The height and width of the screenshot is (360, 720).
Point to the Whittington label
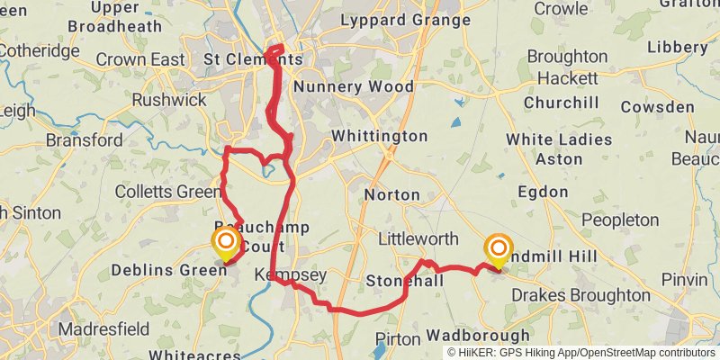[x=379, y=137]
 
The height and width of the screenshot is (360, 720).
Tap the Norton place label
[x=391, y=194]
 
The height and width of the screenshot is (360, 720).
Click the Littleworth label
[x=418, y=239]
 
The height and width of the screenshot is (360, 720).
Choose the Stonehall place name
[x=405, y=282]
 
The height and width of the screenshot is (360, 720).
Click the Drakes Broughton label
[x=580, y=295]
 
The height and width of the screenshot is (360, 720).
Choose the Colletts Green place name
[x=168, y=192]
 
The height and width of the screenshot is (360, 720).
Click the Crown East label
[x=133, y=59]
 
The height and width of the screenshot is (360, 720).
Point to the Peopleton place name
[x=620, y=220]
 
